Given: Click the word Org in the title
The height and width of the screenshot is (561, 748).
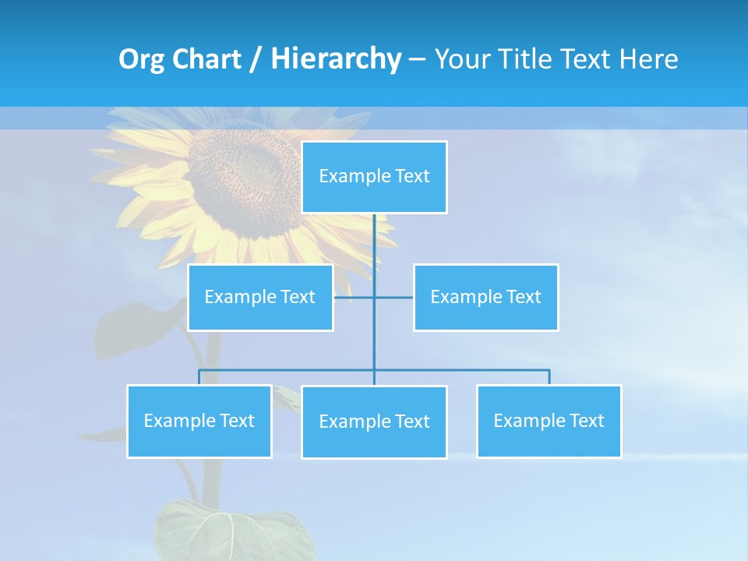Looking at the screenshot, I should click(x=141, y=59).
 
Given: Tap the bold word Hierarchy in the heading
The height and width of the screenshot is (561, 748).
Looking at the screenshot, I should click(x=336, y=59).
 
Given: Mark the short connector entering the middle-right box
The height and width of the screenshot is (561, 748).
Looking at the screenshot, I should click(x=401, y=297).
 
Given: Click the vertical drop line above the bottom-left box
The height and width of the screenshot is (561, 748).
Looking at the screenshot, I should click(x=199, y=377).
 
